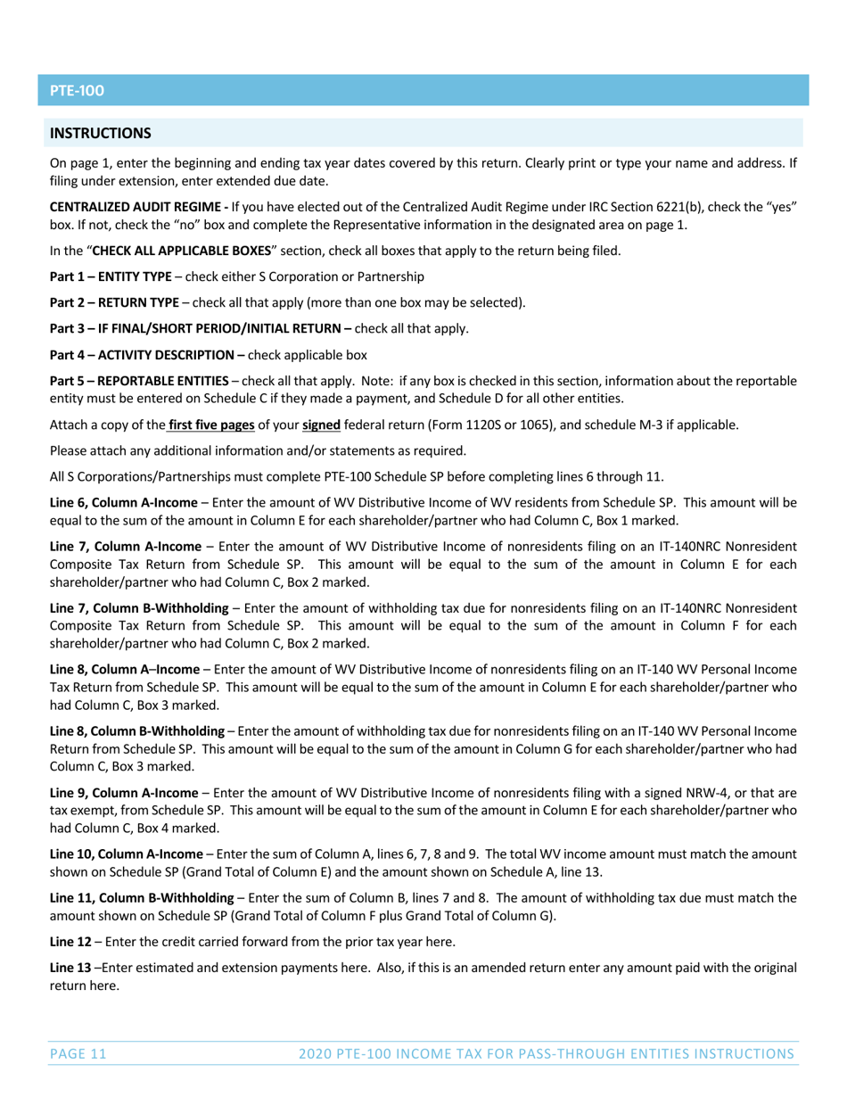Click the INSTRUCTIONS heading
tap(100, 134)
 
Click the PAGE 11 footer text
tap(78, 1054)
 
